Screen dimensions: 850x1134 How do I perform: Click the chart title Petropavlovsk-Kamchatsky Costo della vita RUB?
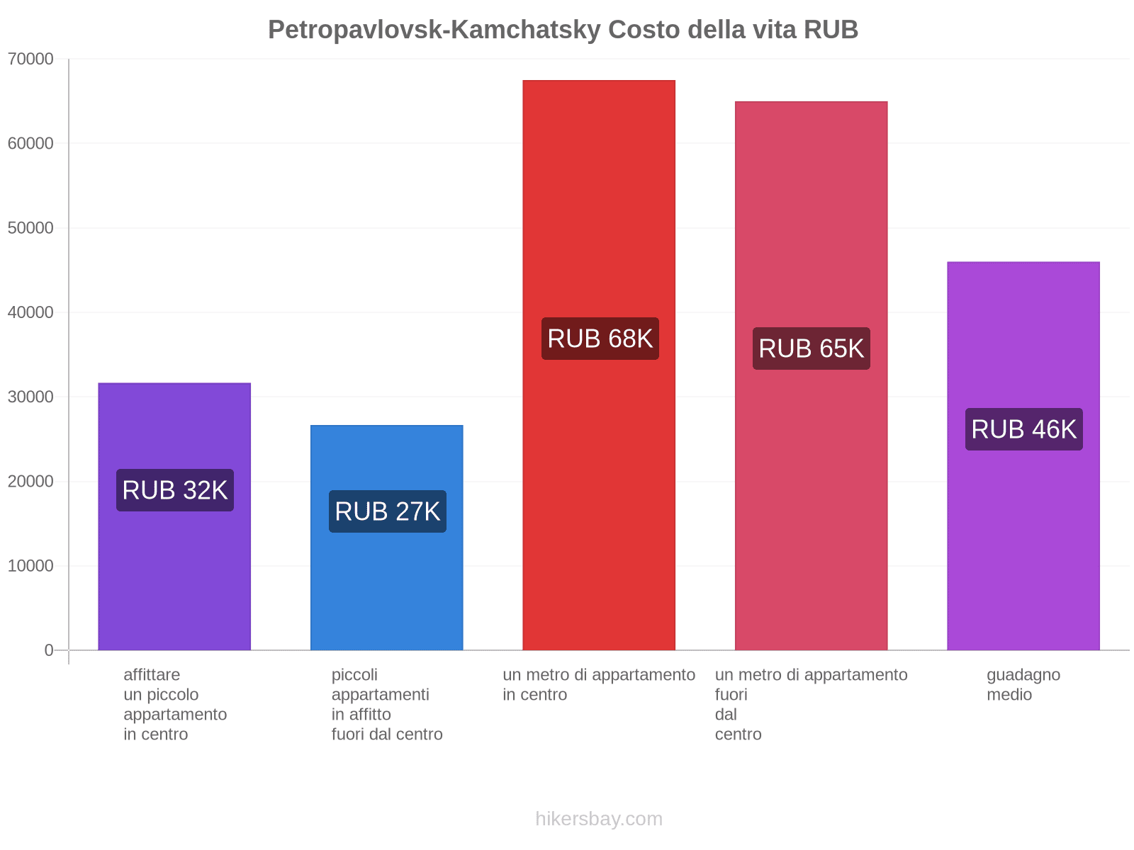(563, 30)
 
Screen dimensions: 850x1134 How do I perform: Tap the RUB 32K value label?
(175, 490)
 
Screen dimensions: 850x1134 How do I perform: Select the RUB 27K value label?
(388, 511)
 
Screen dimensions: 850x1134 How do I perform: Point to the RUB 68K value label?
(600, 339)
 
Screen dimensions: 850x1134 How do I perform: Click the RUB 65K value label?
(812, 348)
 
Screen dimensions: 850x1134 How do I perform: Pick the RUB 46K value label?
(1024, 429)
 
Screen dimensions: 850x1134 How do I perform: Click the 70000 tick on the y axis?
(30, 59)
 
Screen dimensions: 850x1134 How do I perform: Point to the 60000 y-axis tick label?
(30, 143)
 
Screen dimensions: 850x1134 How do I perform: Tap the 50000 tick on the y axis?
(30, 228)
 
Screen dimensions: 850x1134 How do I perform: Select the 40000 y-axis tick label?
(30, 312)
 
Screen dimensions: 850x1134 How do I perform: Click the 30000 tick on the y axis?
(30, 397)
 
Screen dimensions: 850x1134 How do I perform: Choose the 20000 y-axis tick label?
(30, 482)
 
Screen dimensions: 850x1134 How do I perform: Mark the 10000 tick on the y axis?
(30, 566)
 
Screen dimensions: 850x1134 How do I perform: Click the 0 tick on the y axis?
(49, 650)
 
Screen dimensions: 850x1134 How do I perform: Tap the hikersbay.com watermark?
(599, 819)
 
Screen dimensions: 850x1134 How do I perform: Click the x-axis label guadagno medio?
(1023, 685)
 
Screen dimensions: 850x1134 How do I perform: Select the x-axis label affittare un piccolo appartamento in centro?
(175, 704)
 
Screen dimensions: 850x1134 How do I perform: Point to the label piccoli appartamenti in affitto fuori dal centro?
(387, 704)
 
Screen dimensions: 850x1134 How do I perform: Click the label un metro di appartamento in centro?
(599, 685)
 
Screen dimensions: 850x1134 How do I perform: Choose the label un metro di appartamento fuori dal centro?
(811, 704)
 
